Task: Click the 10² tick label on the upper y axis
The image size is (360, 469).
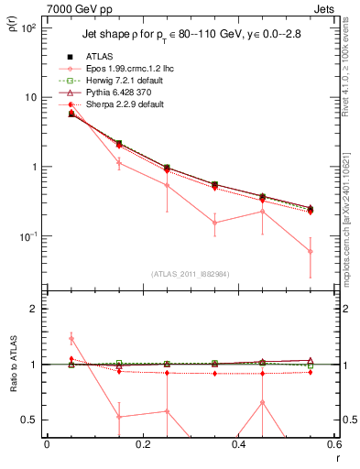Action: point(28,28)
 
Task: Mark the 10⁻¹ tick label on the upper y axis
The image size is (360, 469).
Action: point(28,236)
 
